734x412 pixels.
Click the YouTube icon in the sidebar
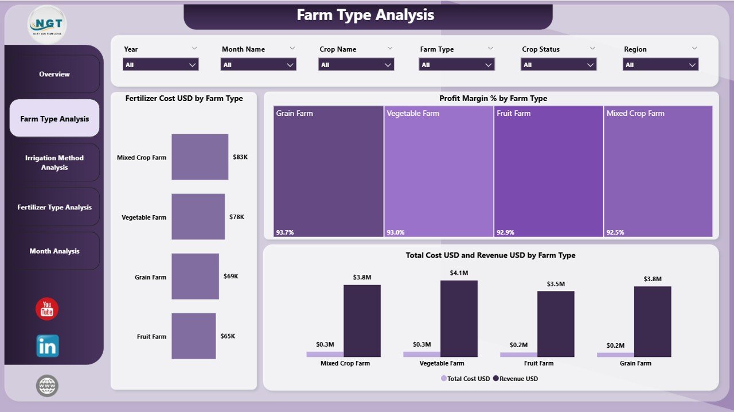point(47,309)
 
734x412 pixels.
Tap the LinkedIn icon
point(48,346)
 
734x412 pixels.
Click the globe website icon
point(48,386)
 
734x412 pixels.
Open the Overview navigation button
point(54,74)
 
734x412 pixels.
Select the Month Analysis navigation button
point(54,251)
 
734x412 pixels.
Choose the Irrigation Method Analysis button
point(54,162)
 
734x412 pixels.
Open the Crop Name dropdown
point(356,65)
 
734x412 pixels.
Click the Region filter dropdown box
point(661,65)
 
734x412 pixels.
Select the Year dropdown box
point(161,65)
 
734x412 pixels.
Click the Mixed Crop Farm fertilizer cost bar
point(200,157)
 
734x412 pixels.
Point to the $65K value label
point(228,336)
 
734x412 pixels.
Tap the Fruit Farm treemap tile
point(548,171)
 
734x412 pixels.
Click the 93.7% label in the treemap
point(284,232)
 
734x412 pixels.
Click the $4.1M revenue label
point(459,273)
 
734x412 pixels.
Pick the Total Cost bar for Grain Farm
point(615,355)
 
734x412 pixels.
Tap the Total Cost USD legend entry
point(466,379)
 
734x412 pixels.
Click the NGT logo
point(47,24)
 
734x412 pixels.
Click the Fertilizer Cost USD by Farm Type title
point(184,99)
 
